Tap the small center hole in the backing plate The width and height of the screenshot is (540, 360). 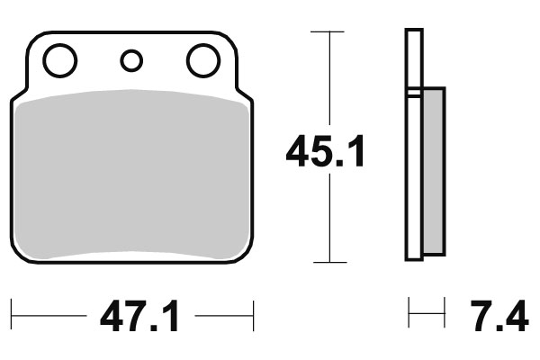tap(131, 61)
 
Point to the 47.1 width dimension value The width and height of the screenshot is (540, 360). tap(139, 317)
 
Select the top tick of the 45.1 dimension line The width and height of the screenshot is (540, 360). tap(328, 32)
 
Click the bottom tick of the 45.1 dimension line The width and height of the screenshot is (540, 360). tap(328, 263)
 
